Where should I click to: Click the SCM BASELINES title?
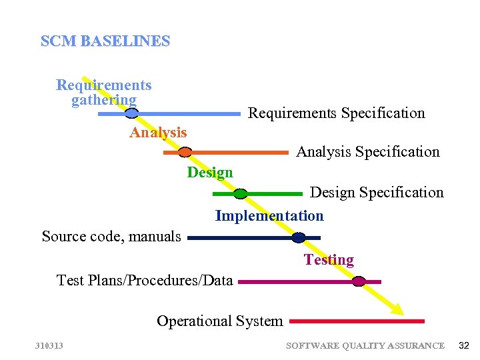(x=105, y=41)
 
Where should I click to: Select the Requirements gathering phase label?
(x=104, y=93)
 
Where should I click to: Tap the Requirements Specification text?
(x=336, y=113)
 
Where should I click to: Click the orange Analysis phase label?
(x=158, y=133)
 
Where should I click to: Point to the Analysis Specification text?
(x=367, y=152)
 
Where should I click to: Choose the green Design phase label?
(x=210, y=173)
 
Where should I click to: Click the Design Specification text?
(x=377, y=193)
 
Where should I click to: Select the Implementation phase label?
(x=269, y=216)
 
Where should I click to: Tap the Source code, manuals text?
(x=111, y=237)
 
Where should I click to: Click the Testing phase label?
(x=329, y=260)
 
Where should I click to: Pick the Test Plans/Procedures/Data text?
(x=145, y=281)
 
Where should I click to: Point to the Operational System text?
(x=220, y=321)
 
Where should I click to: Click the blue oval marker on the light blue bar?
(x=132, y=113)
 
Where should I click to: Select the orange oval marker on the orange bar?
(x=185, y=153)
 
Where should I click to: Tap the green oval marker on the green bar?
(x=241, y=194)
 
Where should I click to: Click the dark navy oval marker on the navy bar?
(x=299, y=237)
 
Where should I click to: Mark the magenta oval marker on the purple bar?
(x=359, y=281)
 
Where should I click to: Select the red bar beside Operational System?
(x=357, y=321)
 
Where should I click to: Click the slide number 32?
(x=464, y=345)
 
